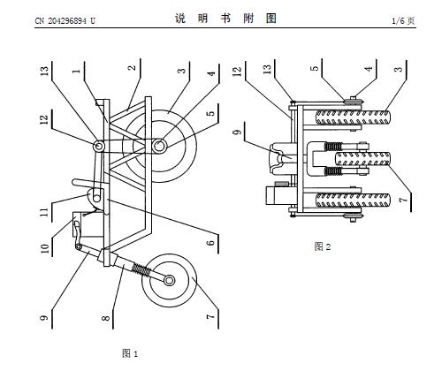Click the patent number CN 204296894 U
65,20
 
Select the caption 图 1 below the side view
130,353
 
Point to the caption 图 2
323,246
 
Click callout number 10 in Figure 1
44,248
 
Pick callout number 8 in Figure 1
105,318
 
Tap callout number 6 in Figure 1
210,243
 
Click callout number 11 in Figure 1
44,212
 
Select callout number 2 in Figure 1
133,67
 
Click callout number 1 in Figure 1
76,71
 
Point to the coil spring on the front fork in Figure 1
140,269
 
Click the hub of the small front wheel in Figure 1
169,280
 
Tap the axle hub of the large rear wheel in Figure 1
159,146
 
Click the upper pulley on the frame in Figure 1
99,146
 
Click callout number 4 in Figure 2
369,69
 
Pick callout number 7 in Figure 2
403,200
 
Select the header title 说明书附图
225,19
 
